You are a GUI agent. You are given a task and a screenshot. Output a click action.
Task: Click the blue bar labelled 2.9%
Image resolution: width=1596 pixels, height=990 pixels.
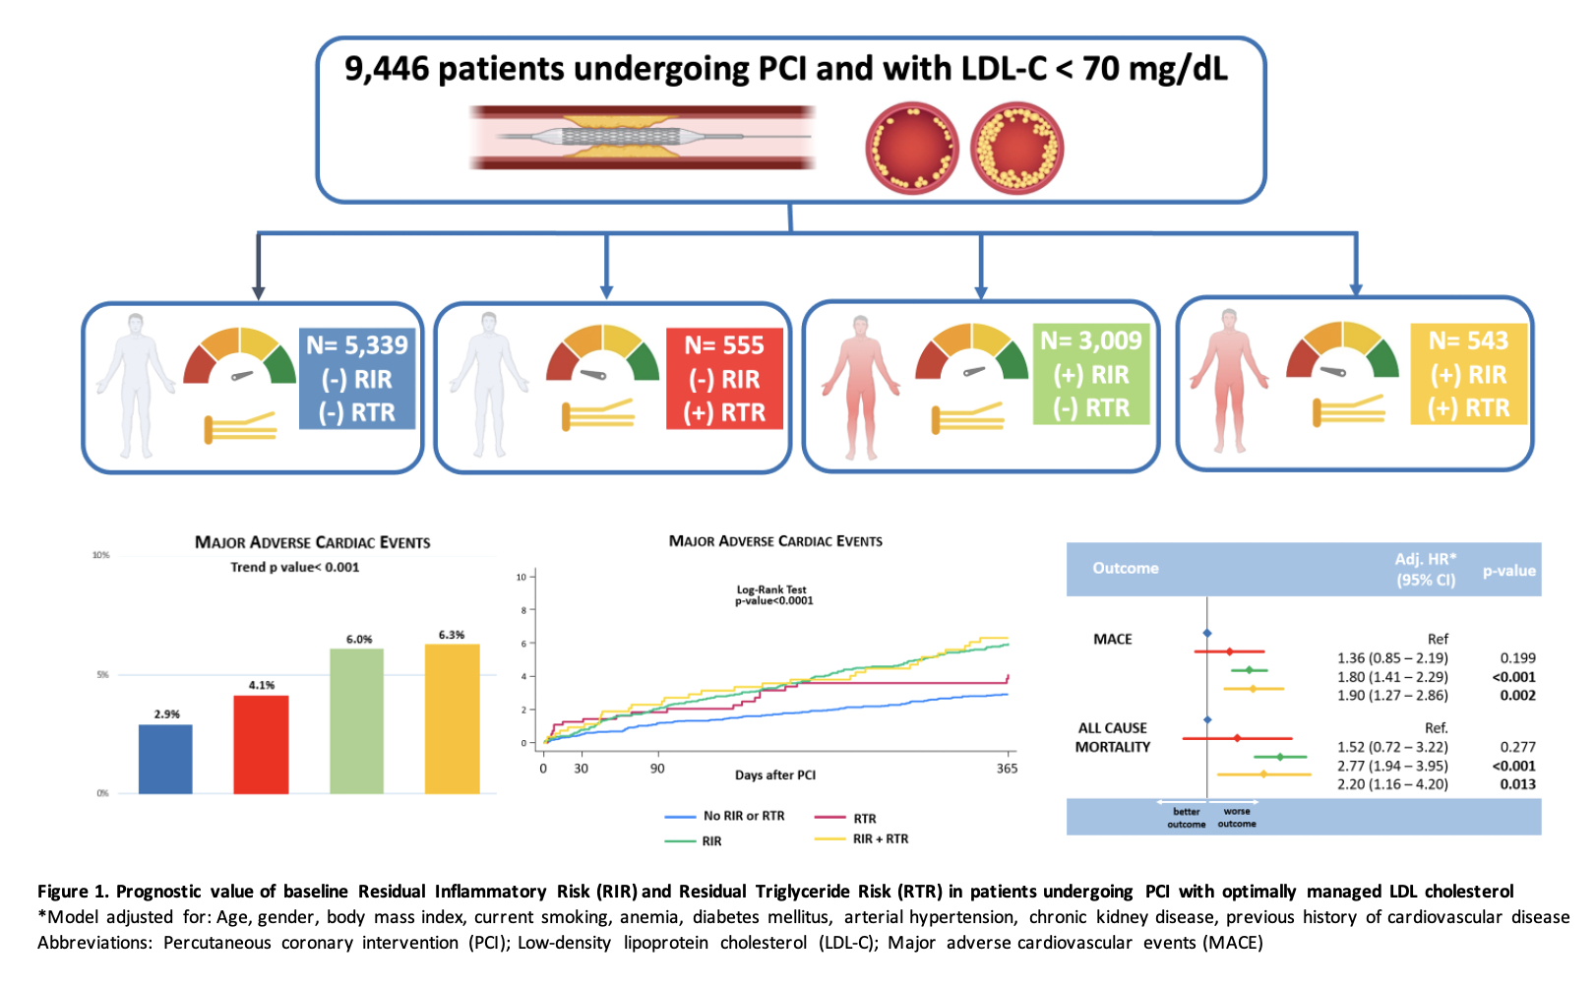pos(165,759)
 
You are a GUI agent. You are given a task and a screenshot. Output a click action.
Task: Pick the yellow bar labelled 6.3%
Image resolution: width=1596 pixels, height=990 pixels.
pos(452,718)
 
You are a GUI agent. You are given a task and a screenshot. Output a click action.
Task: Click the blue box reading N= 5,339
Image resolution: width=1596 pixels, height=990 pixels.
pos(356,379)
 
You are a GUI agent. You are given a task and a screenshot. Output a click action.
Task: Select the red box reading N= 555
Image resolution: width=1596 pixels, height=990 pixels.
pos(724,379)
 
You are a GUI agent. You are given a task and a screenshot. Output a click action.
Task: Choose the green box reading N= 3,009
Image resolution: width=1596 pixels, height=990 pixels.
pos(1091,374)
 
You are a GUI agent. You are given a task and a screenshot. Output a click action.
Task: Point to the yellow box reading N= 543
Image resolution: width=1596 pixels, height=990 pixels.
pos(1468,374)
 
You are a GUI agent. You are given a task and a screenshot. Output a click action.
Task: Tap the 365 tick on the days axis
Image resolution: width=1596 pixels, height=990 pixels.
pos(1007,769)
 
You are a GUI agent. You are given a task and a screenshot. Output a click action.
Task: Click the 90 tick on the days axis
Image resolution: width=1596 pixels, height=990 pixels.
pos(657,769)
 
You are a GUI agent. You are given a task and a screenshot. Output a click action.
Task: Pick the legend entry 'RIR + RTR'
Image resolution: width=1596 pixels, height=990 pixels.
pos(880,839)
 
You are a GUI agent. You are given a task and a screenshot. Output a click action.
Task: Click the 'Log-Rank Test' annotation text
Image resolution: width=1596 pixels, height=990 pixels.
pos(772,589)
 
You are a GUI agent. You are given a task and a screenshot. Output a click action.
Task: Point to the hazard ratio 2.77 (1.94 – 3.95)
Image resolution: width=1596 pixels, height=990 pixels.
pos(1392,766)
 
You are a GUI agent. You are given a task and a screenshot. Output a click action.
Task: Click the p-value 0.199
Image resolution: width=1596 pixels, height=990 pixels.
pos(1517,657)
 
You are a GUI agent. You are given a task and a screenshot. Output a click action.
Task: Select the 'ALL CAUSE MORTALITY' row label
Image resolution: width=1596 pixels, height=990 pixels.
pos(1113,737)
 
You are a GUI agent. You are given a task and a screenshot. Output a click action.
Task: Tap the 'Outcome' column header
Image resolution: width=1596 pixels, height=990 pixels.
pos(1125,568)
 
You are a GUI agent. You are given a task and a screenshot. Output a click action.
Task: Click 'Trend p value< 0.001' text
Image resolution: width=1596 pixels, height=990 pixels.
pos(295,567)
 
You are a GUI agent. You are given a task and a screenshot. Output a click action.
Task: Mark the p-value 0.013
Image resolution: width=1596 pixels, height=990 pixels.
pos(1517,784)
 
